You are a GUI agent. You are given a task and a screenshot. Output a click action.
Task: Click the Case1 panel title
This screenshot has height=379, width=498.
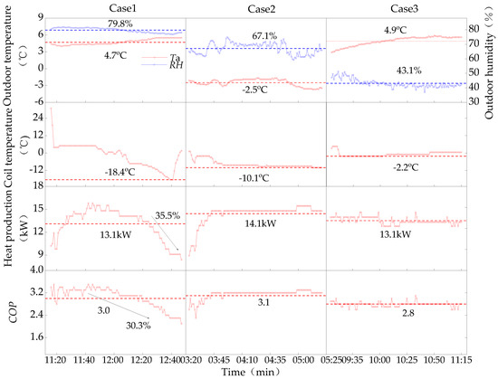coord(116,6)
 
